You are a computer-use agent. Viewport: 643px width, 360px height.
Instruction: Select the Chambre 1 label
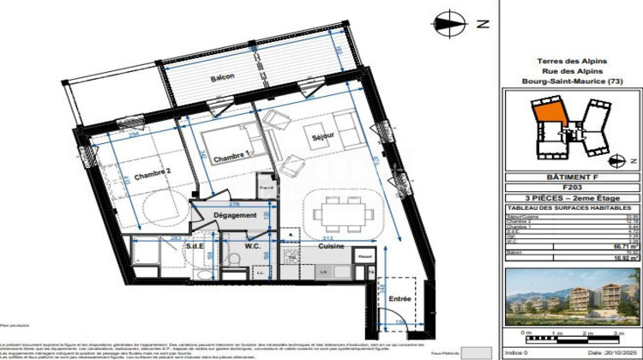(231, 158)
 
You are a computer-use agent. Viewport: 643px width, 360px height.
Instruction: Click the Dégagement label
(235, 215)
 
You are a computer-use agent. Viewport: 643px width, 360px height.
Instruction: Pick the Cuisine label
(331, 247)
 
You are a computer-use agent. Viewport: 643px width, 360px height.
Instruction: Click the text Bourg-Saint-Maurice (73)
(573, 82)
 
